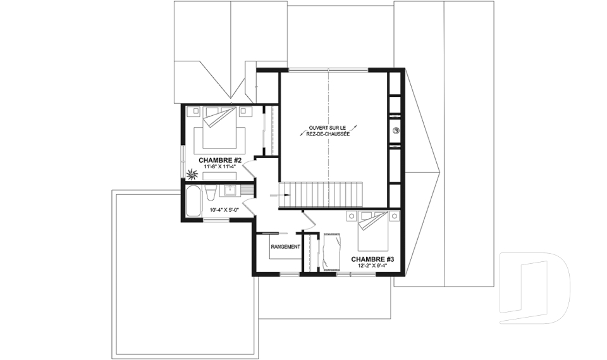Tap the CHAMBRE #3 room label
click(372, 259)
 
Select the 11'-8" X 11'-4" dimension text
click(220, 166)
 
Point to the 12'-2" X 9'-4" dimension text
click(372, 266)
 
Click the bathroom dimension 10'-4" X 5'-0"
click(224, 210)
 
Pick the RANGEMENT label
click(285, 247)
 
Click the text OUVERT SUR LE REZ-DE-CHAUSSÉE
click(329, 130)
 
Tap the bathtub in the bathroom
click(193, 201)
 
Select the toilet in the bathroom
click(210, 192)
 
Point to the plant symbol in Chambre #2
click(192, 175)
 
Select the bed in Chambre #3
click(373, 232)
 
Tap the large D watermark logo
click(535, 287)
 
